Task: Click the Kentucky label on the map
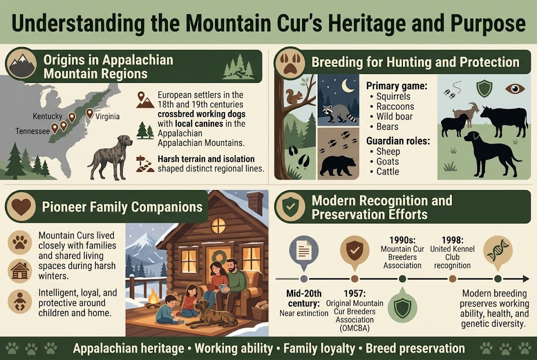47,116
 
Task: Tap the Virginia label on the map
108,116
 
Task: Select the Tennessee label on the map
32,130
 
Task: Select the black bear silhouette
338,165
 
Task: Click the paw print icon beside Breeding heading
288,63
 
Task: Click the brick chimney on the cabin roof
255,203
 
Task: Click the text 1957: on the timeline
355,294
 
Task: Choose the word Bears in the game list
388,126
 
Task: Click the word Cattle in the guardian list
388,171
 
